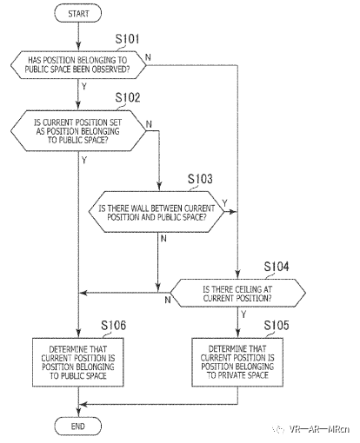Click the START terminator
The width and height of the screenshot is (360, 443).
pyautogui.click(x=78, y=14)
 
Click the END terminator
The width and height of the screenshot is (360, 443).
pyautogui.click(x=78, y=426)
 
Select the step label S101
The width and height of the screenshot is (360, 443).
pyautogui.click(x=127, y=39)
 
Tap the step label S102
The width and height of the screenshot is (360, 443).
pyautogui.click(x=128, y=97)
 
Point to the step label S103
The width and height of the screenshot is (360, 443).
pyautogui.click(x=200, y=179)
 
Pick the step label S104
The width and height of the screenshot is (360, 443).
pyautogui.click(x=277, y=267)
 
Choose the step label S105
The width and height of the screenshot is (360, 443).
pyautogui.click(x=277, y=326)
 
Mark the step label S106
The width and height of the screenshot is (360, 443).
pyautogui.click(x=114, y=326)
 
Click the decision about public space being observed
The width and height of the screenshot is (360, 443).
pyautogui.click(x=78, y=65)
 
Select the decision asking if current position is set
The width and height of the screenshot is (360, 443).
pyautogui.click(x=78, y=130)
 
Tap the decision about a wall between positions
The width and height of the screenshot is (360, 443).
pyautogui.click(x=157, y=212)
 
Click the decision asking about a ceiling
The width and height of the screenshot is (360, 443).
pyautogui.click(x=237, y=293)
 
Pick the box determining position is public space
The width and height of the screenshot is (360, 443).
pyautogui.click(x=78, y=362)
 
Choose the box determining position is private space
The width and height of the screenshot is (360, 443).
pyautogui.click(x=237, y=362)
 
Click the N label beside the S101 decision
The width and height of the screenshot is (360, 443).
pyautogui.click(x=148, y=57)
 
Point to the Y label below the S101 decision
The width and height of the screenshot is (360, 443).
pyautogui.click(x=83, y=86)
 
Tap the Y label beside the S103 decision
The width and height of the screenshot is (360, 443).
pyautogui.click(x=224, y=202)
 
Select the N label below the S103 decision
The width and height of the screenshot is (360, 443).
pyautogui.click(x=163, y=239)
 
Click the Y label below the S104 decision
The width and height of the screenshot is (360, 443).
pyautogui.click(x=243, y=314)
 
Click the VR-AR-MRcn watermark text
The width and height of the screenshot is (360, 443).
pyautogui.click(x=319, y=429)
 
